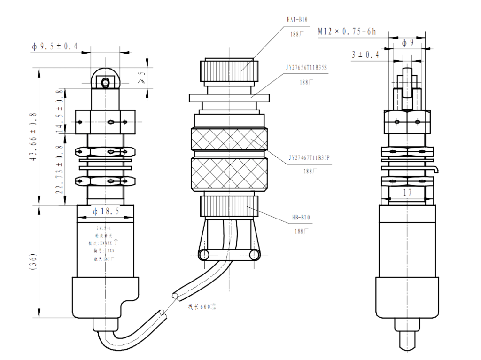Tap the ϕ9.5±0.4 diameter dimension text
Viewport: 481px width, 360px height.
coord(54,46)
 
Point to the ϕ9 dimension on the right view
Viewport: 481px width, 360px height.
coord(408,44)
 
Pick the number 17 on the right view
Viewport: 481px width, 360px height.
coord(408,192)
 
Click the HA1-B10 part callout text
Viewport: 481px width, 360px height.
coord(297,20)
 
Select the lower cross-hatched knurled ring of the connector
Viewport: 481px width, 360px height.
coord(228,174)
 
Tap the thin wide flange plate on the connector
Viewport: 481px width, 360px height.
coord(230,97)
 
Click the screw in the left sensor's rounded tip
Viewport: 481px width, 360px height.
coord(105,83)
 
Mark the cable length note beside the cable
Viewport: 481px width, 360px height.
coord(202,307)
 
